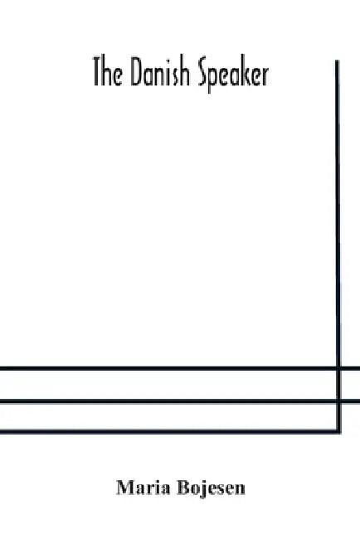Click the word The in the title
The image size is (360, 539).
pyautogui.click(x=107, y=72)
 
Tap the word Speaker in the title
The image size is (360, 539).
pyautogui.click(x=229, y=75)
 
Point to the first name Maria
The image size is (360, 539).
pyautogui.click(x=144, y=488)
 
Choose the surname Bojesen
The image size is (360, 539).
pyautogui.click(x=212, y=488)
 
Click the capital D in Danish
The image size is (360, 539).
pyautogui.click(x=137, y=72)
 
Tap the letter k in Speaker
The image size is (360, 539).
pyautogui.click(x=245, y=72)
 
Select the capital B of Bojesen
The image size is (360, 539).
pyautogui.click(x=184, y=488)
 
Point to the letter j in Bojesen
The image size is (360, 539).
pyautogui.click(x=205, y=489)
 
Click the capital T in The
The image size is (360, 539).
pyautogui.click(x=99, y=72)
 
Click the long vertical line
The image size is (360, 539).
pyautogui.click(x=338, y=245)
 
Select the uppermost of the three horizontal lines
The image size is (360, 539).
pyautogui.click(x=180, y=368)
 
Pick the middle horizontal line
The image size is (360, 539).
pyautogui.click(x=180, y=401)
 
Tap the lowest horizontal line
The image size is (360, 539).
pyautogui.click(x=170, y=431)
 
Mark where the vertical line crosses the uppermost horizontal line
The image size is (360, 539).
pyautogui.click(x=338, y=368)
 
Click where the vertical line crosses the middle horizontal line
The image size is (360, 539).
pyautogui.click(x=338, y=401)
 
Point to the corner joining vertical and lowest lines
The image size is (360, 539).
pyautogui.click(x=339, y=431)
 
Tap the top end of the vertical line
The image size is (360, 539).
pyautogui.click(x=337, y=61)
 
